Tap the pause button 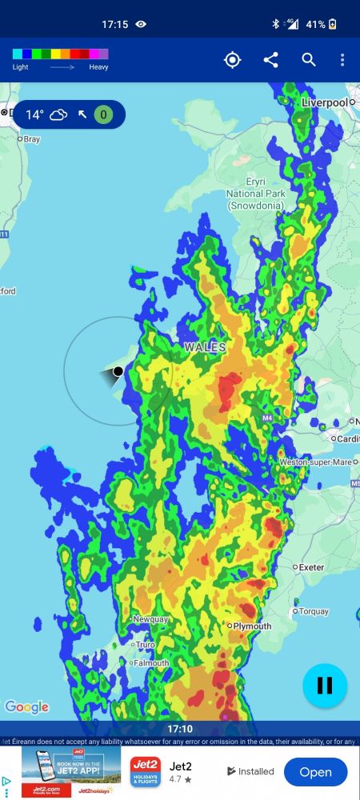(325, 686)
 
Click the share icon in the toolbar (270, 60)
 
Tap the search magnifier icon (309, 60)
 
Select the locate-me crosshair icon (232, 60)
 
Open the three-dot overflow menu (342, 60)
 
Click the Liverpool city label (325, 103)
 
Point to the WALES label (205, 348)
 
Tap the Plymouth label (252, 626)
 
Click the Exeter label (310, 567)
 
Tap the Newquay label (150, 620)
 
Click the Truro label (145, 645)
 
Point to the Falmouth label (151, 663)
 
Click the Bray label (32, 139)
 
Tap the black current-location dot (118, 371)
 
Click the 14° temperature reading (34, 114)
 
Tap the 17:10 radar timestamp (180, 730)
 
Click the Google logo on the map (26, 707)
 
